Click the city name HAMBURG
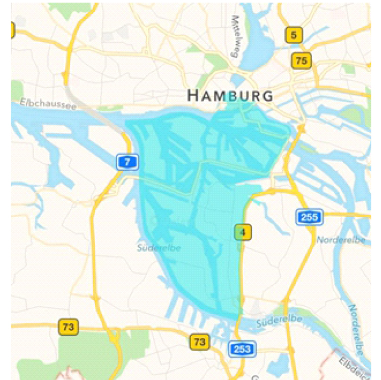(230, 95)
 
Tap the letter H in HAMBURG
(193, 95)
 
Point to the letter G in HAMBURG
(267, 95)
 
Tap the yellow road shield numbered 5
(294, 35)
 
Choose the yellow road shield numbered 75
(301, 61)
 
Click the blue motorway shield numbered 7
(127, 162)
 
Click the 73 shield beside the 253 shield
(199, 342)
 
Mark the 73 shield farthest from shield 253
(68, 327)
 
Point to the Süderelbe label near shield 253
(279, 320)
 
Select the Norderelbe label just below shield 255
(341, 240)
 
